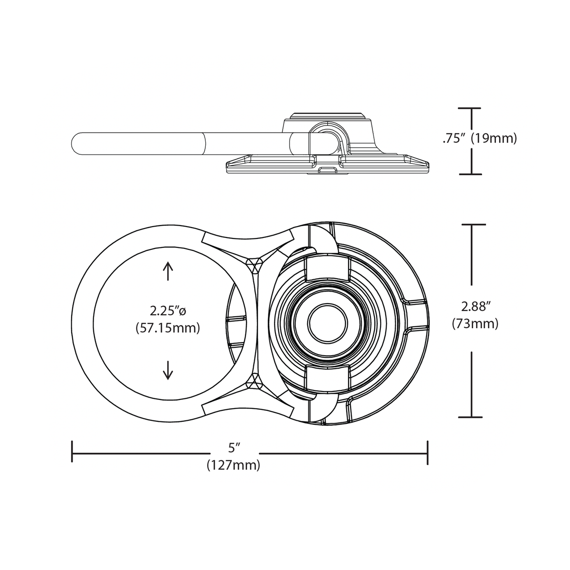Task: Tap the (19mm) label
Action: pyautogui.click(x=494, y=138)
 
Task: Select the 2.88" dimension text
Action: pyautogui.click(x=475, y=306)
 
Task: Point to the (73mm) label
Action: pyautogui.click(x=475, y=323)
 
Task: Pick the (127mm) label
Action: pyautogui.click(x=233, y=465)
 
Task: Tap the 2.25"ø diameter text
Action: pyautogui.click(x=167, y=311)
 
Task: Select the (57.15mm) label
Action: pyautogui.click(x=167, y=327)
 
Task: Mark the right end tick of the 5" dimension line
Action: pyautogui.click(x=427, y=453)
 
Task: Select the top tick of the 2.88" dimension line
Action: pyautogui.click(x=472, y=224)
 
